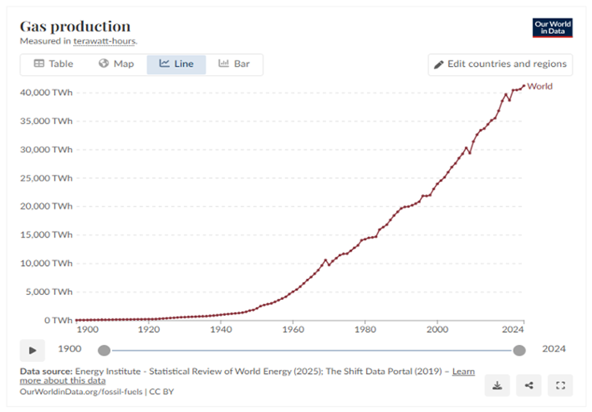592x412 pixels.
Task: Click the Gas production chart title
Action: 75,26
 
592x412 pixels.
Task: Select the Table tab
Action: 53,64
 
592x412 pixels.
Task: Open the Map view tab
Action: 116,64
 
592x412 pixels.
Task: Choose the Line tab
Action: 176,64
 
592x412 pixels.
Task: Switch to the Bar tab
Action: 234,64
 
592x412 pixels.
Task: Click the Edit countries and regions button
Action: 500,64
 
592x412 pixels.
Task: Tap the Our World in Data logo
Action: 552,28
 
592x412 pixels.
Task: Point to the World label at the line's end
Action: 540,86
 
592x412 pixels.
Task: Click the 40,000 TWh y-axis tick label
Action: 46,92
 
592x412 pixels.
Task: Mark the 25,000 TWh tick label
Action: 46,178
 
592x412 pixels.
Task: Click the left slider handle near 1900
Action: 104,350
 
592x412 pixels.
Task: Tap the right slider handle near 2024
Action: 519,350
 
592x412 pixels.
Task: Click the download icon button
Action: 497,386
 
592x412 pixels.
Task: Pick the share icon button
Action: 529,386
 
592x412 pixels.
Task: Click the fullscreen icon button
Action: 560,386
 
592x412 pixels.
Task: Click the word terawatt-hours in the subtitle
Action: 105,41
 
